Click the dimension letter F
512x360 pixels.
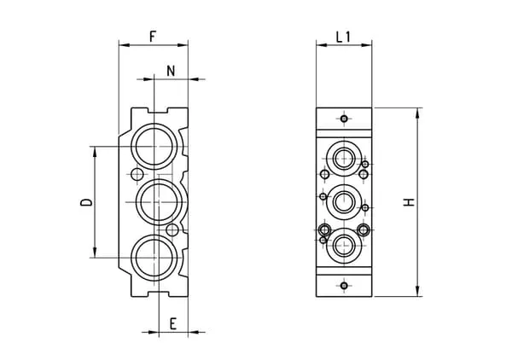pyautogui.click(x=153, y=36)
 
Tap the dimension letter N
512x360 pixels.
pyautogui.click(x=171, y=71)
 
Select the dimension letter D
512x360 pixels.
pyautogui.click(x=86, y=202)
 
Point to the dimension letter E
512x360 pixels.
pyautogui.click(x=173, y=324)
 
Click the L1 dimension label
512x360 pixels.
pyautogui.click(x=343, y=37)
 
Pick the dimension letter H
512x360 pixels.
pyautogui.click(x=409, y=202)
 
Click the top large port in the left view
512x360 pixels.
pyautogui.click(x=154, y=146)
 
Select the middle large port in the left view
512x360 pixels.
pyautogui.click(x=159, y=202)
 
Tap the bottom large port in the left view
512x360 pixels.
pyautogui.click(x=154, y=258)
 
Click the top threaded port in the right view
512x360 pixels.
pyautogui.click(x=344, y=159)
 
